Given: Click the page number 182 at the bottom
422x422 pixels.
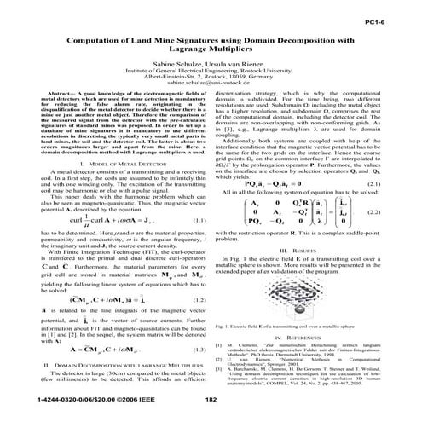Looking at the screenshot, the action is tap(211, 396).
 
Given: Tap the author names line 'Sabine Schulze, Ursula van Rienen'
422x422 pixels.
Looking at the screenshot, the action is tap(211, 62).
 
